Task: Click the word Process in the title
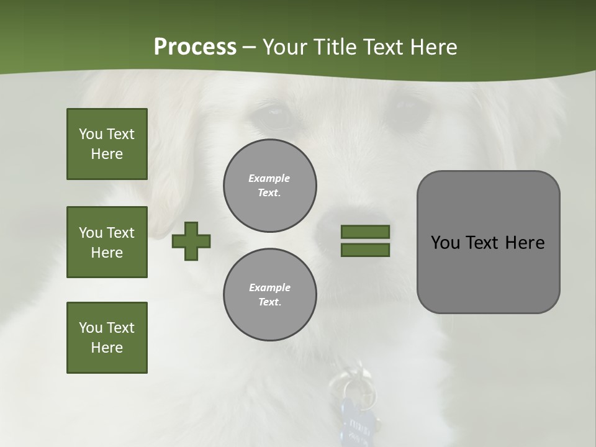point(195,47)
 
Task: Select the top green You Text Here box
point(107,144)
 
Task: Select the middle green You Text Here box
point(107,242)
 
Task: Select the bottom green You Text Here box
point(107,338)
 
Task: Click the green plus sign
point(191,241)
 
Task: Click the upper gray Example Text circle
point(270,186)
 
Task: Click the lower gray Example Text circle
point(270,294)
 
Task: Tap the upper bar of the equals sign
point(366,232)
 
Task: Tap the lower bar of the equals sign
point(366,250)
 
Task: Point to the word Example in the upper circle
point(269,178)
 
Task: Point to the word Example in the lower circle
point(269,287)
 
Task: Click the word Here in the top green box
point(107,154)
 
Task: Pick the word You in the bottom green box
point(90,328)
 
